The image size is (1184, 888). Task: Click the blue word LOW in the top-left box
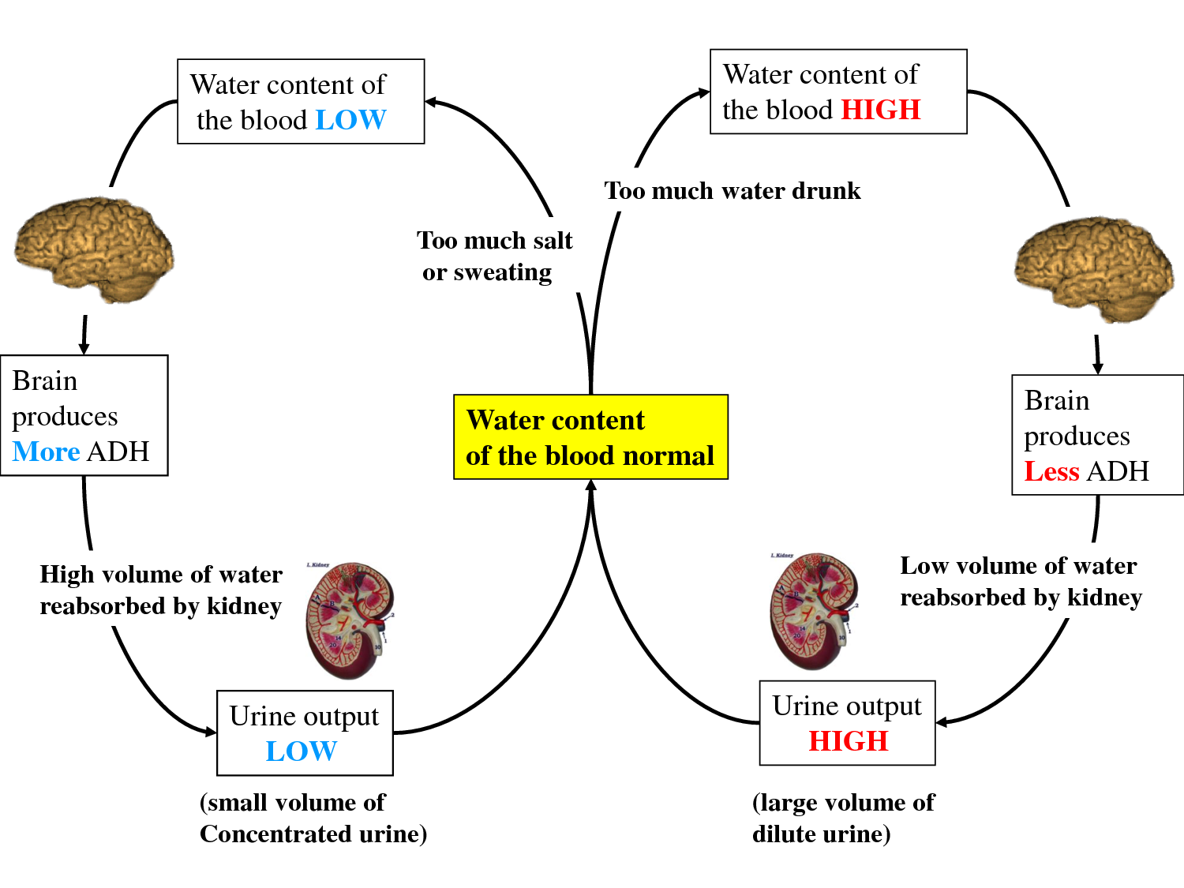coord(350,120)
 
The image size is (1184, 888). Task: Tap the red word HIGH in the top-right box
coord(880,110)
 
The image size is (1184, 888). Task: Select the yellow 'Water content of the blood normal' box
coord(590,437)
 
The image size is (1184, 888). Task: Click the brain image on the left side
coord(95,249)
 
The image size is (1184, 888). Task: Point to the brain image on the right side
coord(1094,268)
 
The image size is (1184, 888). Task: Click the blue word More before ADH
coord(47,451)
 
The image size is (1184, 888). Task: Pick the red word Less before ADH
coord(1051,471)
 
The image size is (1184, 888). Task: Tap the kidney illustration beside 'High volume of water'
coord(349,620)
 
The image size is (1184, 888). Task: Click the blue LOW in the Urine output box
coord(301,751)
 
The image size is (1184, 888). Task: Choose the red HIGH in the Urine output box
coord(849,741)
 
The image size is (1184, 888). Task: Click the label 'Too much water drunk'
coord(733,191)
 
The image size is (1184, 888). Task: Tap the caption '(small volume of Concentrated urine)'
coord(313,818)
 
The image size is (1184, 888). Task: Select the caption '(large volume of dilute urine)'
coord(843,818)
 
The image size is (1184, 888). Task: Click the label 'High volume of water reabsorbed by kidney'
coord(161,590)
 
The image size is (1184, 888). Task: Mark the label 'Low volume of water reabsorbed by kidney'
coord(1021,582)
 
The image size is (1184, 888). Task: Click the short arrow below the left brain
coord(84,335)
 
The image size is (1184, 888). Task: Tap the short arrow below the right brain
coord(1097,354)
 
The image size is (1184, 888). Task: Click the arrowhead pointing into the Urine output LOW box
coord(210,732)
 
